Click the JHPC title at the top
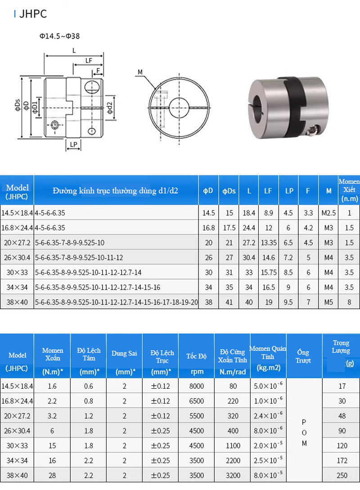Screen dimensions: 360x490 tap(33, 14)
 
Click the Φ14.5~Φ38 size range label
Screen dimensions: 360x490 tap(59, 36)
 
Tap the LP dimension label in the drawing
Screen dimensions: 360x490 tap(73, 144)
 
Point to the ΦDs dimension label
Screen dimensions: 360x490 tap(18, 105)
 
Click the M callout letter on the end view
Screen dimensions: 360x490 tap(140, 72)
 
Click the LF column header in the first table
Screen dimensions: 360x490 tap(268, 191)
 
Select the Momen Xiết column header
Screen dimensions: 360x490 tap(349, 190)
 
